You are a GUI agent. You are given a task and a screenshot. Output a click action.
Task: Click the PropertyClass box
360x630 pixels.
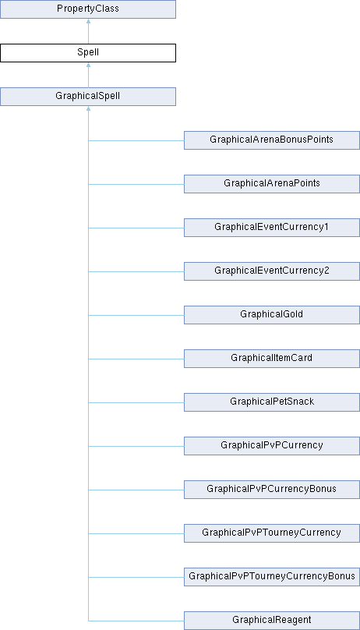pos(88,9)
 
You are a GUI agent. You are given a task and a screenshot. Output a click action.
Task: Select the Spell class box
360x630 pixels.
pos(88,53)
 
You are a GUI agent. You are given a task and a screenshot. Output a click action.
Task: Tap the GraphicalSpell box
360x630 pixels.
pos(88,97)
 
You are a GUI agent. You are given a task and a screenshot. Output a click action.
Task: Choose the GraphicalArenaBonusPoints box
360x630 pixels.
pos(272,140)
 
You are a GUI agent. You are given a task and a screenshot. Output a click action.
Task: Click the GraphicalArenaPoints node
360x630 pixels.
pos(272,184)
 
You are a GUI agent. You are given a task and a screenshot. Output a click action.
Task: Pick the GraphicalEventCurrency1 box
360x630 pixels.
pos(272,228)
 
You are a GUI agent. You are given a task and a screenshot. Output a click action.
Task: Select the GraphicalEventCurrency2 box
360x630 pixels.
pos(272,271)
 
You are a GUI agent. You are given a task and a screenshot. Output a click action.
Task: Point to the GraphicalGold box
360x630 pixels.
pos(272,315)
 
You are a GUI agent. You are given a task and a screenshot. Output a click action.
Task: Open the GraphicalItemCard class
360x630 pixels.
pos(272,359)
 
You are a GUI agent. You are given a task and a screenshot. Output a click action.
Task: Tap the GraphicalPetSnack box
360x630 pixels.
pos(272,402)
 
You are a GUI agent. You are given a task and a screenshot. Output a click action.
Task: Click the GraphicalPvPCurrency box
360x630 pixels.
pos(272,446)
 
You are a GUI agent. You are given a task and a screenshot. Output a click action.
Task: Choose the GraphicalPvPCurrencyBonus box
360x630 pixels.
pos(272,490)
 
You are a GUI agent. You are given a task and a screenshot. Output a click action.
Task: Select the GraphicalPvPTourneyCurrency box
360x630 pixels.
pos(272,533)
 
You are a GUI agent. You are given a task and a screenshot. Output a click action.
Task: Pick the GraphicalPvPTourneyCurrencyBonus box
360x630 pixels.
pos(272,577)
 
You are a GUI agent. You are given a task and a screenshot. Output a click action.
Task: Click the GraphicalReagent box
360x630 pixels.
pos(272,621)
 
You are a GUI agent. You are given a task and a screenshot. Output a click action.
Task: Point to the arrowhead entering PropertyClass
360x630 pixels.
pos(88,20)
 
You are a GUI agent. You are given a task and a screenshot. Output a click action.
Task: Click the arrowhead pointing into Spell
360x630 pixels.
pos(88,64)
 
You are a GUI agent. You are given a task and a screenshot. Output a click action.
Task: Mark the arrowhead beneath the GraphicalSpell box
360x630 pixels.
pos(88,108)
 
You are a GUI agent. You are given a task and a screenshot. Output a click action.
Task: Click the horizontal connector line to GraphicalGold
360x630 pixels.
pos(136,316)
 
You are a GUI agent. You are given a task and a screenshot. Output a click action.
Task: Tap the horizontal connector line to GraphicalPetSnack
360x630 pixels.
pos(136,402)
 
